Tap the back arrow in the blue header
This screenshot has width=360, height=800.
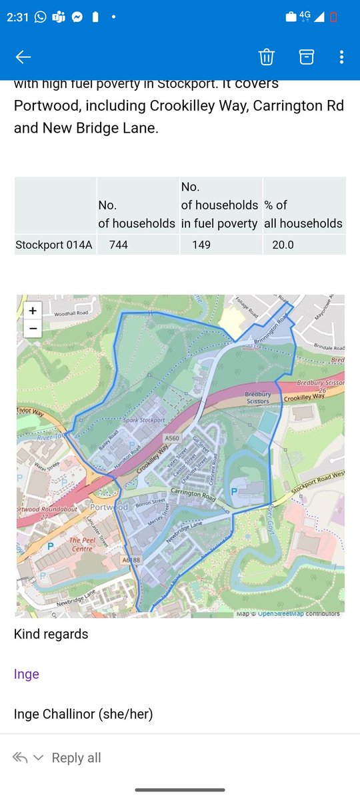[23, 57]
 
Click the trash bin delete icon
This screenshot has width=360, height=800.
[267, 57]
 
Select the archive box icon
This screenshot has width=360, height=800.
[306, 57]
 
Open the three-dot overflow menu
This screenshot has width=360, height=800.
[341, 57]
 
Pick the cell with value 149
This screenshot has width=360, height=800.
[201, 245]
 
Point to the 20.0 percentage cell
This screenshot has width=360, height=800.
[283, 245]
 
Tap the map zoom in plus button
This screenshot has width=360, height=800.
[33, 310]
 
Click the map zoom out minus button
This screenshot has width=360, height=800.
[33, 328]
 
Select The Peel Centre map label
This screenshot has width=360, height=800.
[81, 544]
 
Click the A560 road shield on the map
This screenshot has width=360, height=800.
[171, 438]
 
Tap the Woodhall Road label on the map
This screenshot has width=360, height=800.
[71, 313]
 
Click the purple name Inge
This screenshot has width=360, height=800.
[27, 674]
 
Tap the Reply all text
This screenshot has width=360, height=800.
[76, 758]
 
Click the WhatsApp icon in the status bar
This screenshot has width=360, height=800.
[41, 18]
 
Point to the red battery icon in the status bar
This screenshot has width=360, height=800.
[333, 18]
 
